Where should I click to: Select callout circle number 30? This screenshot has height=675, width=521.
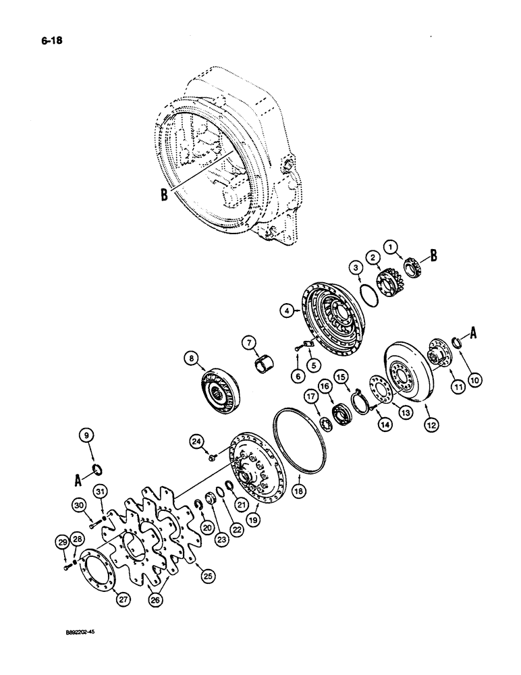pos(78,505)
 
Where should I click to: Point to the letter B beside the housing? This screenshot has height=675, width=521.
pos(163,195)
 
